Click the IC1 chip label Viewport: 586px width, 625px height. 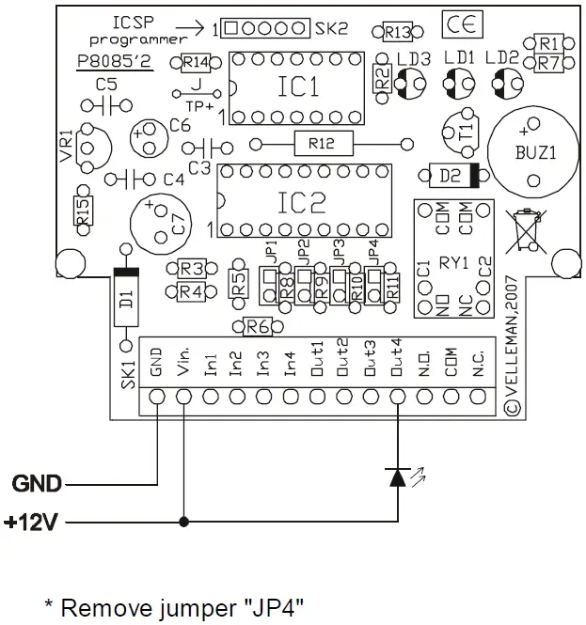tap(299, 87)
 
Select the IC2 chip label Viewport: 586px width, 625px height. tap(303, 200)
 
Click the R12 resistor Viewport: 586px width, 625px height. tap(320, 144)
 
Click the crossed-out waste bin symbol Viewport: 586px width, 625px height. tap(526, 228)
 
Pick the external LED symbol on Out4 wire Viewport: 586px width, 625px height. tap(398, 477)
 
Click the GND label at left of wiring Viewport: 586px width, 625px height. tap(37, 484)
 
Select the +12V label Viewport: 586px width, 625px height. tap(32, 521)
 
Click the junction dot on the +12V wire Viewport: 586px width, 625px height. tap(183, 521)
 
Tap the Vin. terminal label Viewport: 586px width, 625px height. tap(183, 360)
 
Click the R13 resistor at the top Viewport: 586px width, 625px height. tap(397, 33)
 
